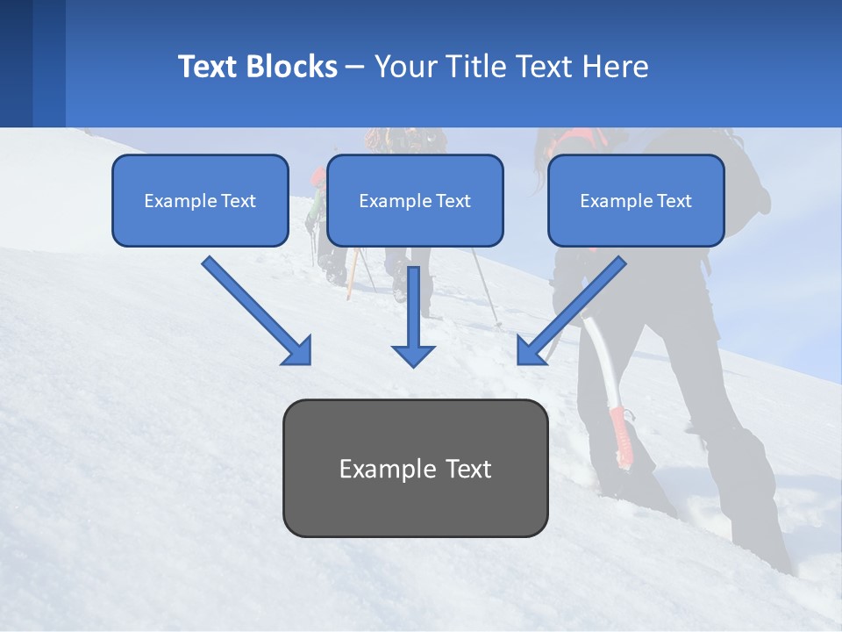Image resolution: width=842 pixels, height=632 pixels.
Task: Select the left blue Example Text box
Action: click(x=200, y=200)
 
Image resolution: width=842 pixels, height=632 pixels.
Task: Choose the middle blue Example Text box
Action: click(x=415, y=200)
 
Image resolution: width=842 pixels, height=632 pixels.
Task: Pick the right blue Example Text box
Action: click(x=636, y=200)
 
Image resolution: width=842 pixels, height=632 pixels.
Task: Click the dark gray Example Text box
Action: click(x=415, y=468)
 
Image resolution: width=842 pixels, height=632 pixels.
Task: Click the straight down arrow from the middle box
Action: click(x=413, y=316)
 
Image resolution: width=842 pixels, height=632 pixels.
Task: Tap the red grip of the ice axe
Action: click(x=621, y=434)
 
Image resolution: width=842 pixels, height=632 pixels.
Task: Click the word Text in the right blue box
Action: click(x=674, y=201)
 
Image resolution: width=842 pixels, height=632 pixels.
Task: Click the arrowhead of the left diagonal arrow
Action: click(x=298, y=351)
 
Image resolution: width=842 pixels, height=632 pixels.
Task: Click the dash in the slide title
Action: click(x=355, y=68)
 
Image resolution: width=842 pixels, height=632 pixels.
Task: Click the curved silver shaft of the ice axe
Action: click(x=599, y=351)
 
